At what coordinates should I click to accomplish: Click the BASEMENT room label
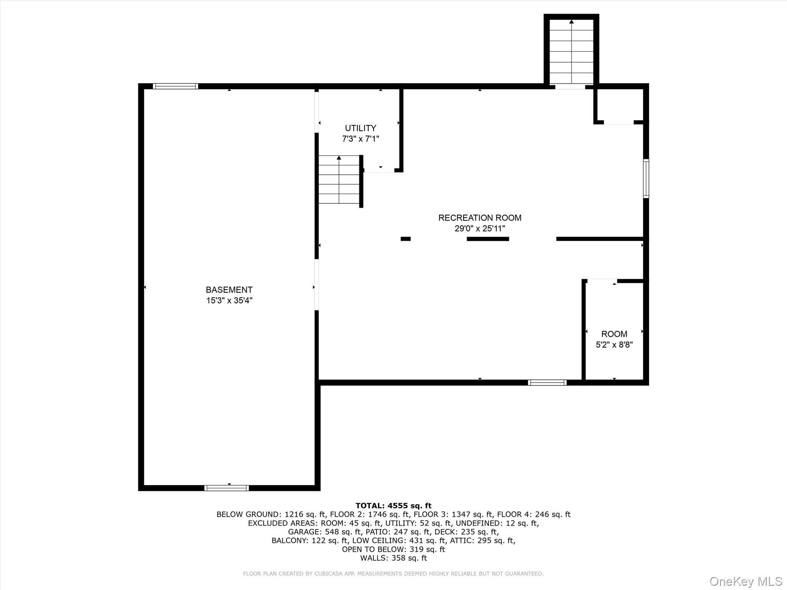(x=229, y=290)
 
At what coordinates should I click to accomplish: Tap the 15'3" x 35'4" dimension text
(x=229, y=300)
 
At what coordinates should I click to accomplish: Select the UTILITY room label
(x=360, y=128)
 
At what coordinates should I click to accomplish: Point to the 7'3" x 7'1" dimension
(x=360, y=139)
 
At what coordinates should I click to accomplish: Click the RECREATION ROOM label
(x=480, y=218)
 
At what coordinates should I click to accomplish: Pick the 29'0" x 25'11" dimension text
(x=480, y=229)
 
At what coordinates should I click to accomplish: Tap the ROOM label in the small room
(x=614, y=334)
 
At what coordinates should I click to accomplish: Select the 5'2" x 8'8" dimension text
(x=614, y=345)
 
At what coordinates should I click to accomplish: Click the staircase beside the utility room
(x=339, y=180)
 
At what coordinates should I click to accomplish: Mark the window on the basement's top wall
(x=176, y=86)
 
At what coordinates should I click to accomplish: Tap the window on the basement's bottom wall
(x=227, y=488)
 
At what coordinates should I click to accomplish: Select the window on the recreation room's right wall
(x=646, y=179)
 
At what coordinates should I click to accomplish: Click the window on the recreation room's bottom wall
(x=547, y=382)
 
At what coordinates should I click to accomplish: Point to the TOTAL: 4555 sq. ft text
(x=393, y=505)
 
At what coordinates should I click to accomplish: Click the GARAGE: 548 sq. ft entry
(x=324, y=532)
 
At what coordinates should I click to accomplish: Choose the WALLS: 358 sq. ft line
(x=393, y=558)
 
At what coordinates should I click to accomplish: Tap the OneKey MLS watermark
(x=745, y=581)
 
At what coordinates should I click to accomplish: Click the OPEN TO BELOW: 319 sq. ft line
(x=393, y=549)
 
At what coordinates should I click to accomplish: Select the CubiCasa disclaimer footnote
(x=393, y=573)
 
